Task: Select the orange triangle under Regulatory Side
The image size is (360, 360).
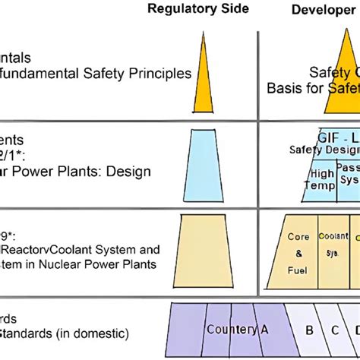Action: click(203, 72)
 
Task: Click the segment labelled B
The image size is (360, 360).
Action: click(309, 330)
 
